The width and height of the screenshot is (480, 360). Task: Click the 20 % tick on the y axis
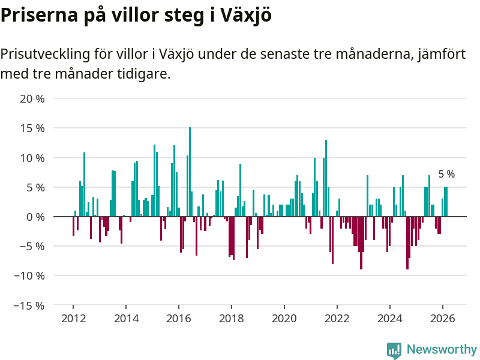coord(32,98)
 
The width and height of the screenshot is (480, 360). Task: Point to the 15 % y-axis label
coord(32,128)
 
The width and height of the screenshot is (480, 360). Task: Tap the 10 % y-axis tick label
coord(32,158)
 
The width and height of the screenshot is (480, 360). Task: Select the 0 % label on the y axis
coord(35,217)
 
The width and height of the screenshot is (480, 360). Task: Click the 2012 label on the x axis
coord(73,319)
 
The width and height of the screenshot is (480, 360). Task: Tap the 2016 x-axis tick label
coord(179,319)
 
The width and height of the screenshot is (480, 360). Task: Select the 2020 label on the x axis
coord(284,319)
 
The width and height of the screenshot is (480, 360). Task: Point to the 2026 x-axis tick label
coord(443,319)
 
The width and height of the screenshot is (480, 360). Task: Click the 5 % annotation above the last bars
coord(446,175)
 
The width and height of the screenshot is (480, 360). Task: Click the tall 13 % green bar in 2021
coord(326,178)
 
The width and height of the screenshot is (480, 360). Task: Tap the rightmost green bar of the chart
coord(447,202)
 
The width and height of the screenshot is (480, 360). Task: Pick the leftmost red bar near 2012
coord(73,226)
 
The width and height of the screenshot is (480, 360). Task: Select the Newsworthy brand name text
coord(442,350)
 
